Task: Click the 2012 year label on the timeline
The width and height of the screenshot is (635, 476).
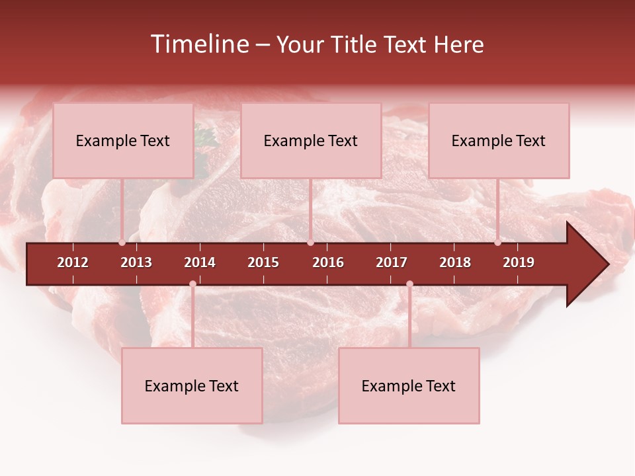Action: click(x=73, y=262)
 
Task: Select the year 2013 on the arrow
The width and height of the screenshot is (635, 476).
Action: click(x=136, y=262)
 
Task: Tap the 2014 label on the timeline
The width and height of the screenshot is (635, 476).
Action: click(x=200, y=262)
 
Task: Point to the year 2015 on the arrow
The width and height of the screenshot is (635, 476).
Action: click(x=263, y=262)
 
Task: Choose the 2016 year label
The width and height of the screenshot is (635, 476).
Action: click(x=328, y=262)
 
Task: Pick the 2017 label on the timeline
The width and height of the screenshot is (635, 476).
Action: click(x=392, y=262)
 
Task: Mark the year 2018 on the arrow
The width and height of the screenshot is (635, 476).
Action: click(x=455, y=262)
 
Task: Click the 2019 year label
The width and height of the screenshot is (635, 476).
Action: click(x=519, y=262)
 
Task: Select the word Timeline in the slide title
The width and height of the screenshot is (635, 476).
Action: click(x=199, y=44)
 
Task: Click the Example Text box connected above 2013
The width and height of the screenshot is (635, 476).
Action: click(x=123, y=141)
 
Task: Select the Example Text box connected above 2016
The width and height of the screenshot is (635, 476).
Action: click(x=311, y=141)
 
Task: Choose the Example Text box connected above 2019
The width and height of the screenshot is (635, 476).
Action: click(x=499, y=141)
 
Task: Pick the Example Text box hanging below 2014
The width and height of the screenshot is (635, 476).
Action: click(x=192, y=386)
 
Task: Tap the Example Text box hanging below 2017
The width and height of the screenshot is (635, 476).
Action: click(x=409, y=386)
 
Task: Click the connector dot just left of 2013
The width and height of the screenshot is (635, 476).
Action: click(x=122, y=243)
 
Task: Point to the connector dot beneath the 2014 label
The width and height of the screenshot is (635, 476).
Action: click(x=192, y=284)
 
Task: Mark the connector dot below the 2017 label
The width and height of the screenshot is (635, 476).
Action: click(x=409, y=284)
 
